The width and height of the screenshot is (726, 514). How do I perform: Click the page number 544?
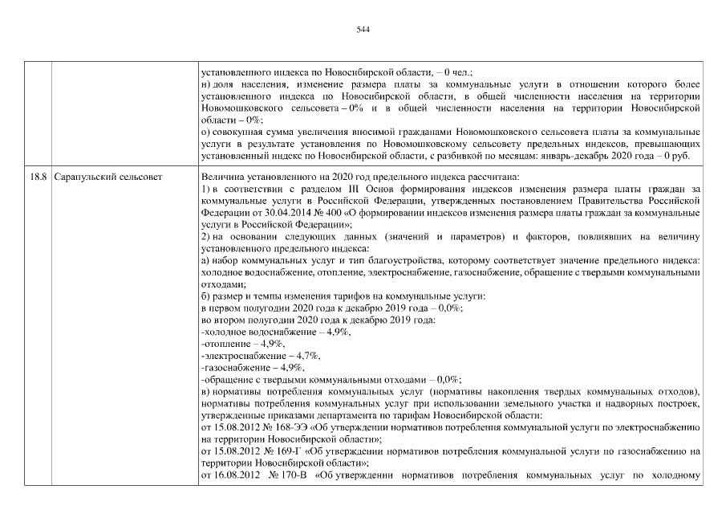362,30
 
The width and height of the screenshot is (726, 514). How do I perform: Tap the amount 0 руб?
689,155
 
